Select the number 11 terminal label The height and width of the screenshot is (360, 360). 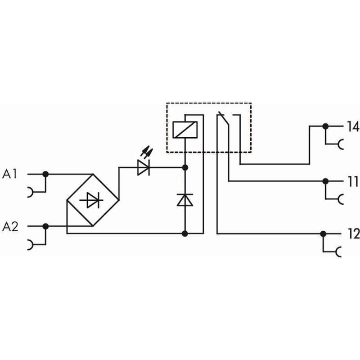point(352,182)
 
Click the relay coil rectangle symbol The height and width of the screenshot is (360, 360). point(184,130)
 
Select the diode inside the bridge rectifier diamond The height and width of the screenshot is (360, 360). point(92,200)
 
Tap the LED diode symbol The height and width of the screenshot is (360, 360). point(144,167)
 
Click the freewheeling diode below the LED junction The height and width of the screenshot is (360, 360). point(184,200)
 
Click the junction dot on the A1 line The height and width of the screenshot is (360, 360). point(45,174)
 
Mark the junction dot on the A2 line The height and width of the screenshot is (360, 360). point(45,226)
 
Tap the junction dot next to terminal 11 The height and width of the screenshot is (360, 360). point(325,181)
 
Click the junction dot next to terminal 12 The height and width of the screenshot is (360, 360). point(323,234)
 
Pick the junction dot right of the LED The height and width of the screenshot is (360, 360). point(184,167)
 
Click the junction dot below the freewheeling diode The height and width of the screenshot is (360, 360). point(184,234)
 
